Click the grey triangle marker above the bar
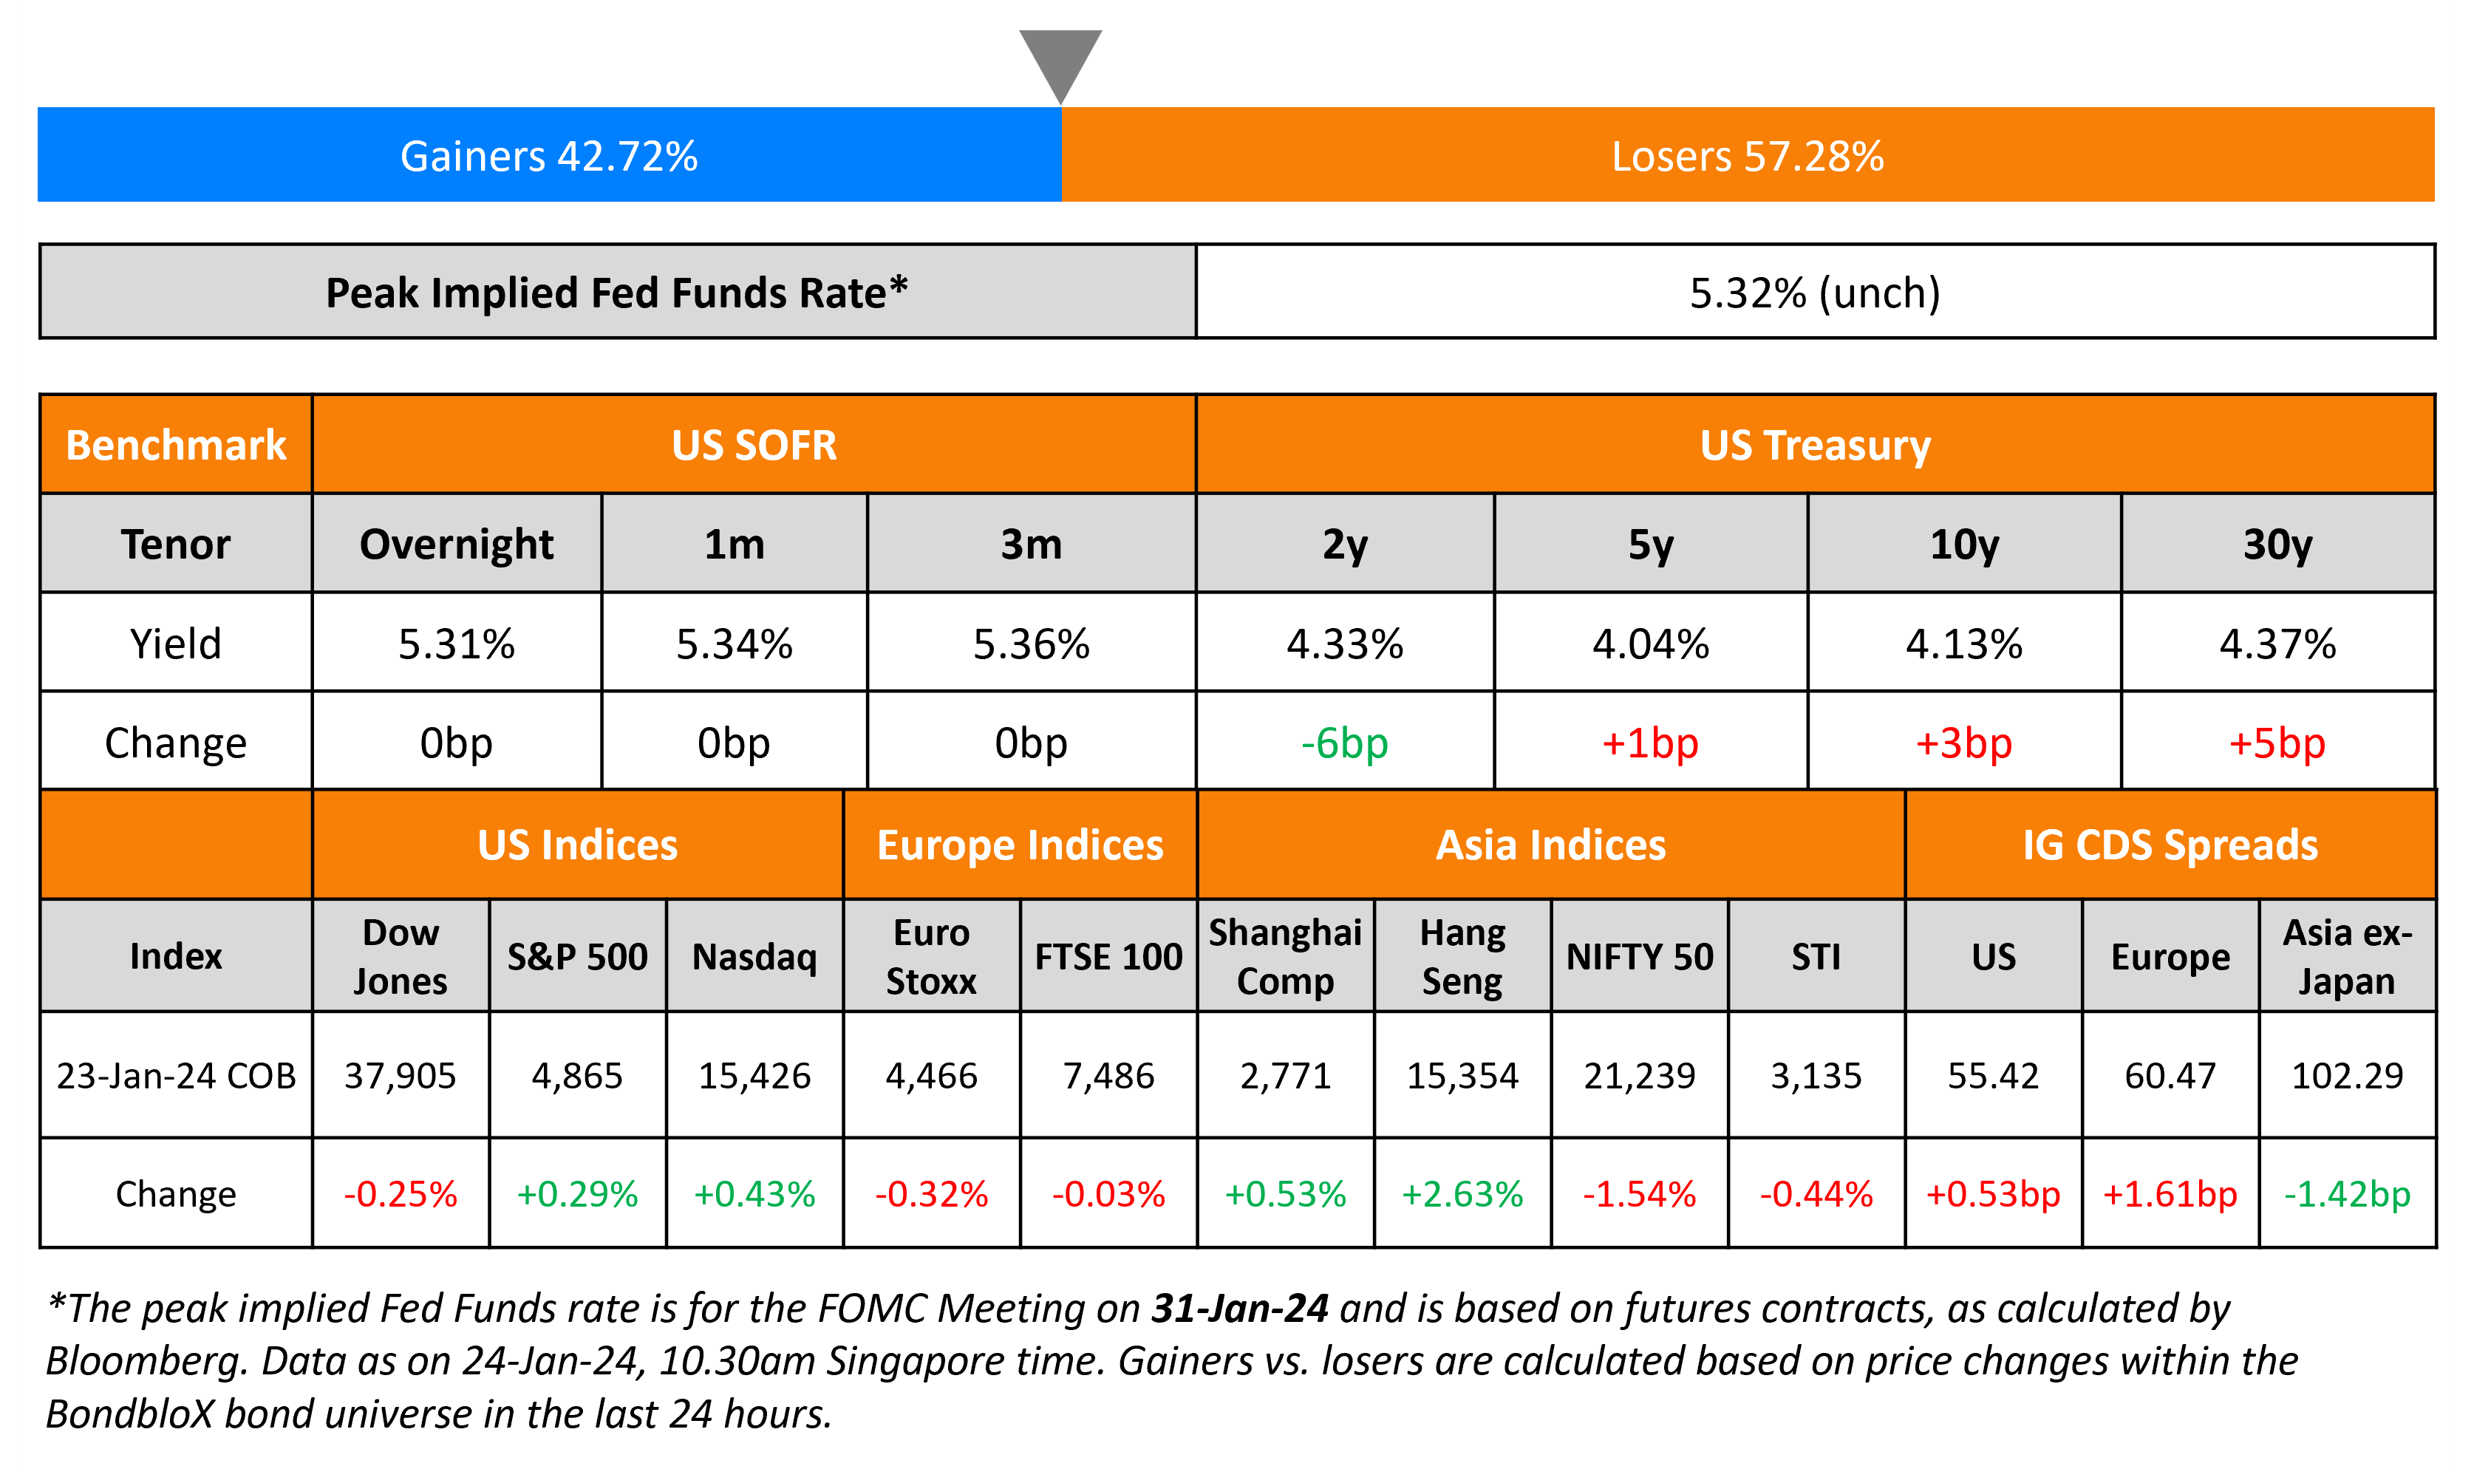pos(1060,59)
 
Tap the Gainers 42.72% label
pos(549,156)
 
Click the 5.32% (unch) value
pos(1814,293)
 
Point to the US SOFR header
pos(754,446)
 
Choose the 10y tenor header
pos(1963,545)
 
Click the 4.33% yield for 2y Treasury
pos(1344,644)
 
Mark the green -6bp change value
pos(1344,743)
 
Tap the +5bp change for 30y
pos(2277,743)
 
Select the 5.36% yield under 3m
pos(1031,644)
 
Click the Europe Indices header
pos(1020,845)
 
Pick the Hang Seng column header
pos(1462,956)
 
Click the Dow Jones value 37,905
pos(400,1076)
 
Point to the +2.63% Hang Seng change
pos(1462,1194)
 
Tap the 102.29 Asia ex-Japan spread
pos(2347,1076)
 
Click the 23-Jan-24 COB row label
pos(176,1076)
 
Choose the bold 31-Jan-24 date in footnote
pos(1239,1309)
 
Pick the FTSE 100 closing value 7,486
pos(1108,1076)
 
